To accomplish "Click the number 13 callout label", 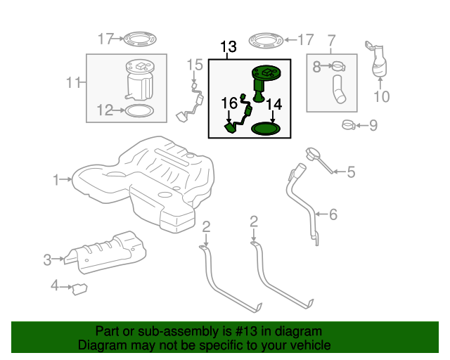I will click(229, 48).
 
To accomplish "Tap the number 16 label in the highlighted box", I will click(230, 103).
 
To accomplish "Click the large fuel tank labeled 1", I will click(141, 186).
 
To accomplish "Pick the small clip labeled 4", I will click(79, 288).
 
